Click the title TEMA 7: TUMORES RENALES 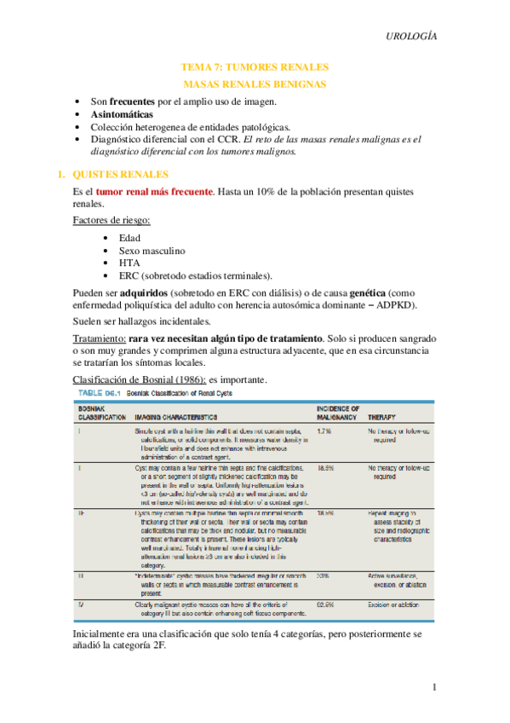coord(255,67)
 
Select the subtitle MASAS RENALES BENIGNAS coord(255,84)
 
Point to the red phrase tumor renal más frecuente coord(154,192)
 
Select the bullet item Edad coord(130,238)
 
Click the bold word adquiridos coord(138,292)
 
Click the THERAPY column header coord(381,418)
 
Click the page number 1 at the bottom coord(433,687)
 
